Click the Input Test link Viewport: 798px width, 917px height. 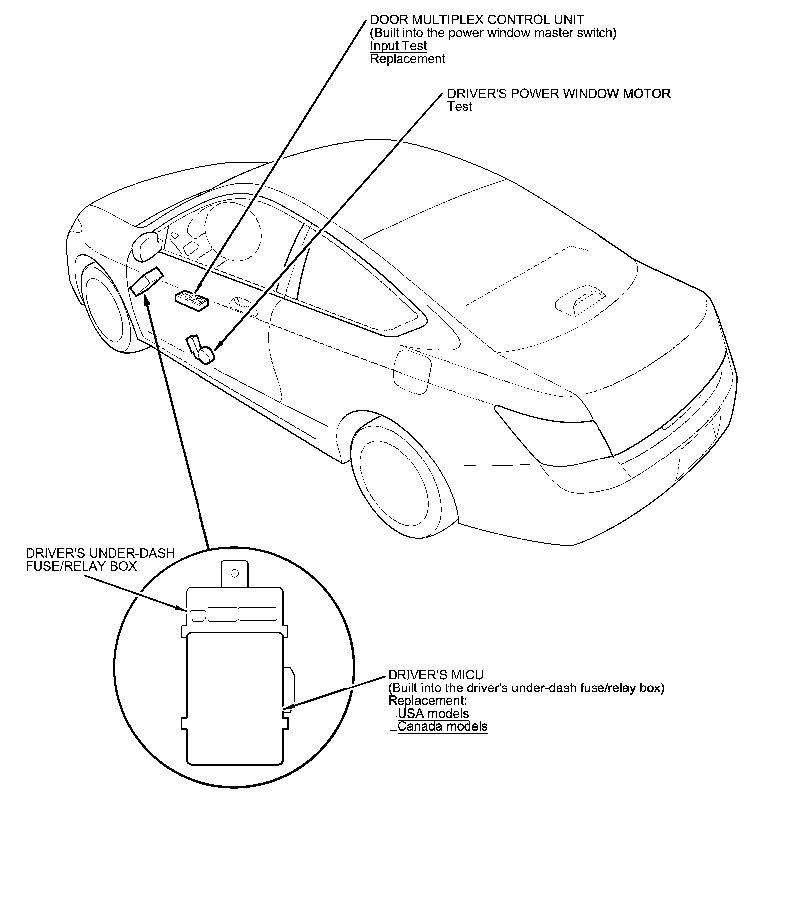click(398, 46)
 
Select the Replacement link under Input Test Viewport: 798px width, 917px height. click(407, 59)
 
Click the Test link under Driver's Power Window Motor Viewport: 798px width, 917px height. click(459, 106)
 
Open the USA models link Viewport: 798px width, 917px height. click(433, 713)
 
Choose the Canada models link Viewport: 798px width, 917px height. click(442, 726)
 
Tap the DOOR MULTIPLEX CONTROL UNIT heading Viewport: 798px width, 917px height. click(476, 20)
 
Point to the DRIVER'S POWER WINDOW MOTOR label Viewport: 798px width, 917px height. click(559, 94)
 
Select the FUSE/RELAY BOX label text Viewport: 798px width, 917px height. click(81, 566)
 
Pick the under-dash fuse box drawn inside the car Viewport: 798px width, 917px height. click(147, 281)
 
